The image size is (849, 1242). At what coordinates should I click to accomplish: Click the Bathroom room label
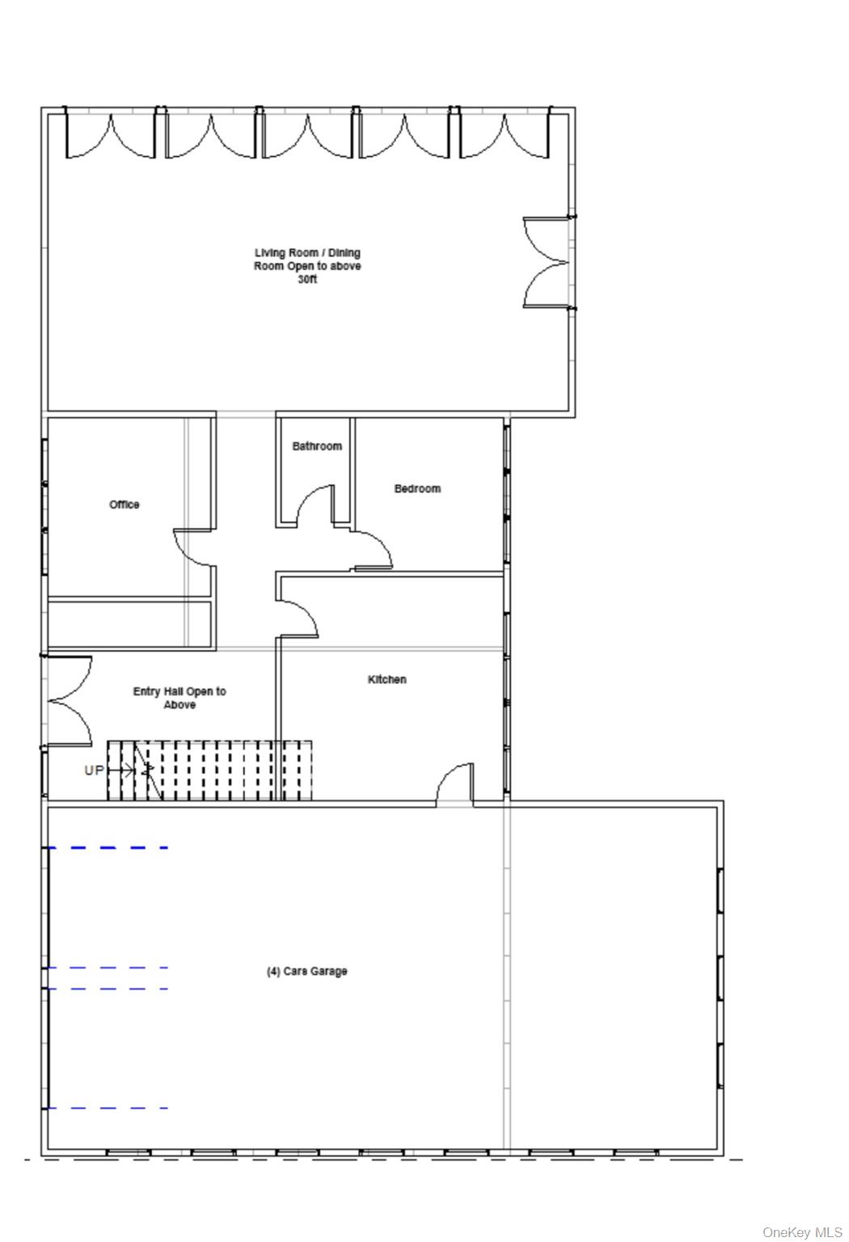click(317, 446)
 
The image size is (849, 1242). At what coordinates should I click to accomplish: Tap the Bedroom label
click(417, 488)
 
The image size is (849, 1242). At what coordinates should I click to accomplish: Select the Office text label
click(125, 504)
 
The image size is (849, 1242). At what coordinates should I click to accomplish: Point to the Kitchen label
click(387, 679)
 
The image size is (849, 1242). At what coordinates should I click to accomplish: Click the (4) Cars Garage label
click(307, 971)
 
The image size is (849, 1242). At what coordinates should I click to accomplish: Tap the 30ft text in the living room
click(307, 279)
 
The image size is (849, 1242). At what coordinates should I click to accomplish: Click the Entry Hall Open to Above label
click(180, 698)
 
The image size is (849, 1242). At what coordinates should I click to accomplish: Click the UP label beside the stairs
click(94, 770)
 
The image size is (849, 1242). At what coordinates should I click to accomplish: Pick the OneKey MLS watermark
click(802, 1232)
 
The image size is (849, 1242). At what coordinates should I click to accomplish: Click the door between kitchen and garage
click(454, 783)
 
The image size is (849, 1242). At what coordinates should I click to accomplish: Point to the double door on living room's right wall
click(547, 262)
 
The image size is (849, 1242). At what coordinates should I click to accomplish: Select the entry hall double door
click(70, 701)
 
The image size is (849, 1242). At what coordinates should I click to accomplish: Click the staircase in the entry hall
click(209, 770)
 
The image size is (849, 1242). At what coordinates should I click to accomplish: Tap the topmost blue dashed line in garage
click(108, 847)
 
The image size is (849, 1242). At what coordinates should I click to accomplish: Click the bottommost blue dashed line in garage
click(108, 1108)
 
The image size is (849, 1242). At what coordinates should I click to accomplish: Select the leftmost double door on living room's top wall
click(111, 137)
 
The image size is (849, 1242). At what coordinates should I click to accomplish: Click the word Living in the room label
click(270, 253)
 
